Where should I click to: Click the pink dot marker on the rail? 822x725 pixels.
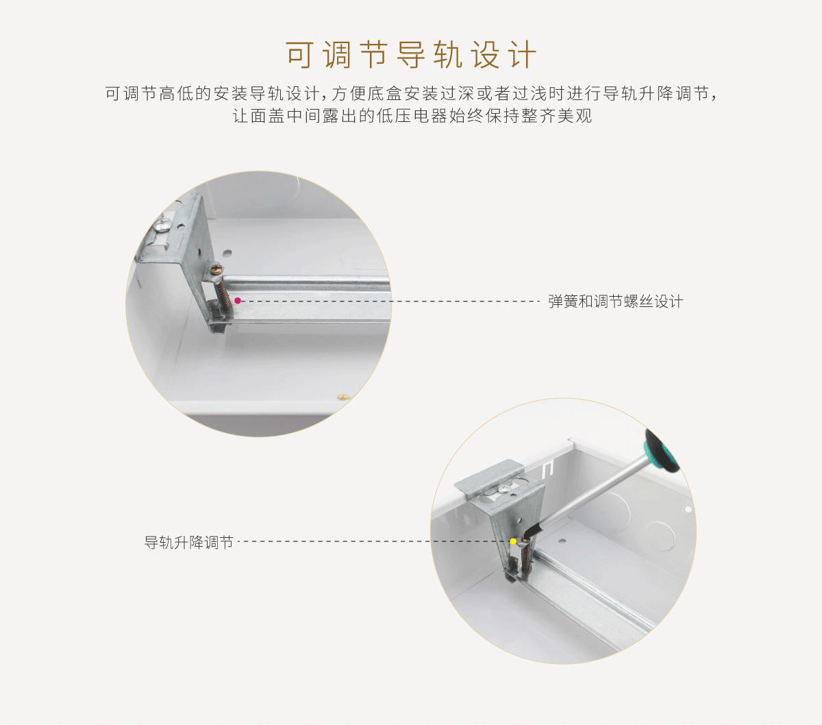[238, 300]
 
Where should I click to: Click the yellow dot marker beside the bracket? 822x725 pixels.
[513, 541]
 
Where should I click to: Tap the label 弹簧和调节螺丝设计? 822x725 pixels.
[616, 302]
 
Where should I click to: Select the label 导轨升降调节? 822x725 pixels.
[189, 542]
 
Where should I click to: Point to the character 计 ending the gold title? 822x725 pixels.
[523, 54]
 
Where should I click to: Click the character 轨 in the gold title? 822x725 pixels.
[449, 54]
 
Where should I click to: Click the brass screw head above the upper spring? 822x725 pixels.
[217, 269]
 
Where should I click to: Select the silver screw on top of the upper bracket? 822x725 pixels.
[163, 225]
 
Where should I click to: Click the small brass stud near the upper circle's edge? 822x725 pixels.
[345, 396]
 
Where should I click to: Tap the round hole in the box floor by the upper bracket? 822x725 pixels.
[227, 254]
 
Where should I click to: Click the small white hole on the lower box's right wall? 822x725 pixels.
[688, 509]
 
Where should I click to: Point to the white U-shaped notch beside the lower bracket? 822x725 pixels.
[548, 469]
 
